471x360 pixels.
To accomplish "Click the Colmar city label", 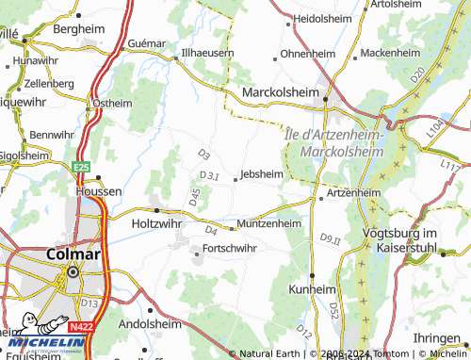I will pyautogui.click(x=72, y=254).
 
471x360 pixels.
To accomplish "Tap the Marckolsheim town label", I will pyautogui.click(x=283, y=93).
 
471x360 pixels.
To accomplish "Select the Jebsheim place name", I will pyautogui.click(x=261, y=173).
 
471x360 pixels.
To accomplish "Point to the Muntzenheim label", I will pyautogui.click(x=268, y=223).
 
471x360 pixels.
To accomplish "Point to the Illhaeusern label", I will pyautogui.click(x=207, y=53).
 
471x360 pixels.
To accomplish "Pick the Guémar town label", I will pyautogui.click(x=146, y=41).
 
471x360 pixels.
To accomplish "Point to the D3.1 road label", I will pyautogui.click(x=209, y=175).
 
